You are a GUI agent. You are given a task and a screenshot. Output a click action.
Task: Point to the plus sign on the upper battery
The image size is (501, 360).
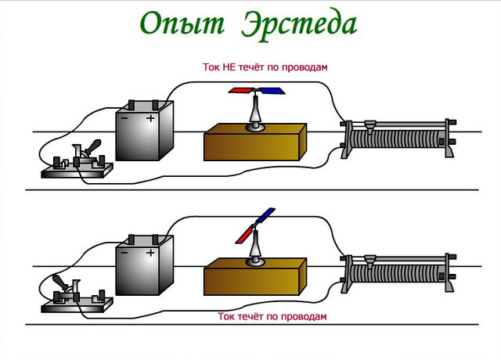point(150,119)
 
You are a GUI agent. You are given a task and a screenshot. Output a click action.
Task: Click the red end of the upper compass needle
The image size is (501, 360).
point(241,92)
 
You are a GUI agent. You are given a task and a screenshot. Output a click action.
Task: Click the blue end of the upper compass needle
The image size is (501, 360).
point(271,92)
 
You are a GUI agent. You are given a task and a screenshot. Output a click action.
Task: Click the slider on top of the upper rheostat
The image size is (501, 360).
point(370,124)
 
